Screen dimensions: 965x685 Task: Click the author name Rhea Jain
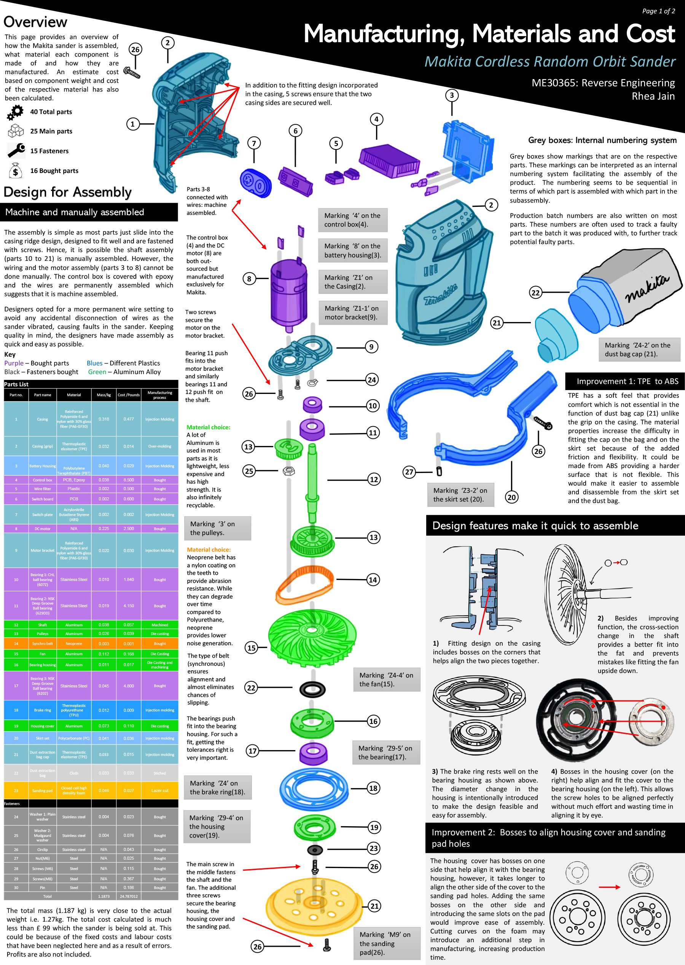tap(653, 96)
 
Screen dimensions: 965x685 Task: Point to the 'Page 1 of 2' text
tap(658, 11)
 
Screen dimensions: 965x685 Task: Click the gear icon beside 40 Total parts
tap(16, 112)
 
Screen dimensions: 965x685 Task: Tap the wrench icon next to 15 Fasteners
tap(16, 151)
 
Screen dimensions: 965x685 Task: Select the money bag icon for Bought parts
tap(15, 171)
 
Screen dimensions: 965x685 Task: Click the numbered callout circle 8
tap(249, 279)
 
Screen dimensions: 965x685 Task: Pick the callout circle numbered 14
tap(373, 580)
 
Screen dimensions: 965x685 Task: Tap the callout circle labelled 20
tap(511, 497)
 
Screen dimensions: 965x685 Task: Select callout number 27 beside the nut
tap(409, 472)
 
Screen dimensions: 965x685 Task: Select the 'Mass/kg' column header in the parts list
tap(104, 395)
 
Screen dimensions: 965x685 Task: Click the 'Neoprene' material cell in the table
tap(74, 643)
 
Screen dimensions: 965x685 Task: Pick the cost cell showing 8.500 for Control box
tap(129, 480)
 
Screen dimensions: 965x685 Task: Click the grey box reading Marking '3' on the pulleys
tap(218, 528)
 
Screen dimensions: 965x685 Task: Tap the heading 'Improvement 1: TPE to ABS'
tap(627, 381)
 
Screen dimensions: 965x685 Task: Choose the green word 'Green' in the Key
tap(97, 372)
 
